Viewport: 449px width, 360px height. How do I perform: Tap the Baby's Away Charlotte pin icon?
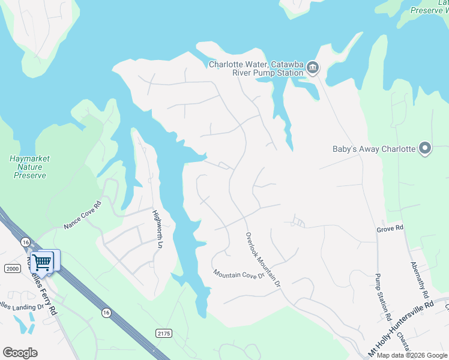[x=425, y=148]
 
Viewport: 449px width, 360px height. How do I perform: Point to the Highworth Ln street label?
[x=157, y=229]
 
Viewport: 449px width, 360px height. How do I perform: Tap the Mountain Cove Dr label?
[x=238, y=274]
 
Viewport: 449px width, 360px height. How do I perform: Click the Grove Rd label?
[x=390, y=229]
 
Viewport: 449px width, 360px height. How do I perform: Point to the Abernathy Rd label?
[x=421, y=280]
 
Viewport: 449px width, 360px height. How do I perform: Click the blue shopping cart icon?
[x=42, y=262]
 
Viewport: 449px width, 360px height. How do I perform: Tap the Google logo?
[x=20, y=353]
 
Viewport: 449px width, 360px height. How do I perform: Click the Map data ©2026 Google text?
[x=412, y=355]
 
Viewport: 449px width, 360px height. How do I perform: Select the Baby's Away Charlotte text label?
[x=374, y=149]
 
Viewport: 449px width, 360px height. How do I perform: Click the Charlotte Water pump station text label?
[x=256, y=68]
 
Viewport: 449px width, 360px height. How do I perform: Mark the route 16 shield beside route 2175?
[x=106, y=312]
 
